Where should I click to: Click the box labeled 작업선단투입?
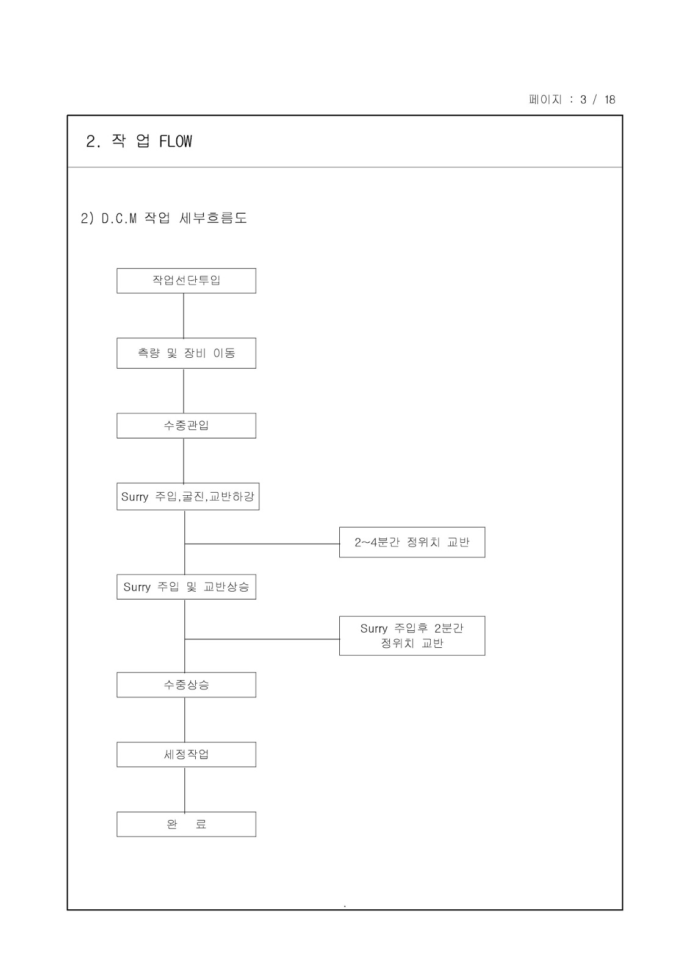coord(186,281)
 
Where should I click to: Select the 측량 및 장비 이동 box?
coord(186,353)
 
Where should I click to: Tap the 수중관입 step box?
coord(186,426)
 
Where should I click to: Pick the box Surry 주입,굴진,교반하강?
coord(188,496)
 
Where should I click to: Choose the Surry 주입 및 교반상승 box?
coord(186,587)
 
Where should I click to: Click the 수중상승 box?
coord(186,685)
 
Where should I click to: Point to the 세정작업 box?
coord(186,755)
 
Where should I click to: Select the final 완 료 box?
coord(186,824)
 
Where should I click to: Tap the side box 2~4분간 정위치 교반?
coord(412,542)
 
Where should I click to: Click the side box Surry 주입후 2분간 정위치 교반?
coord(412,636)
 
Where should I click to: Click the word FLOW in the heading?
coord(176,142)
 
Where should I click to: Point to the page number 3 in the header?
coord(583,100)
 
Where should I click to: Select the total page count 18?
coord(609,100)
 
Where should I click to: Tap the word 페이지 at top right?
coord(545,100)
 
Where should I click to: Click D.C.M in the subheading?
coord(119,219)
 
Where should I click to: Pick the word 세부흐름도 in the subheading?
coord(214,218)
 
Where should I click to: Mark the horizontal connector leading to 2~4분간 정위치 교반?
coord(262,543)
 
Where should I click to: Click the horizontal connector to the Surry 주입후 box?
coord(262,639)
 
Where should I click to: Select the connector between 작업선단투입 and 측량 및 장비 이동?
coord(184,316)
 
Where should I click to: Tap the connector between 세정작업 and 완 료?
coord(185,790)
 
